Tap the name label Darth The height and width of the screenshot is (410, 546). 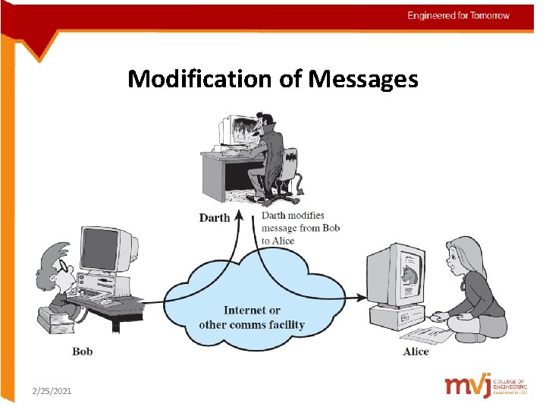click(x=214, y=218)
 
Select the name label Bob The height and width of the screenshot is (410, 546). click(x=82, y=352)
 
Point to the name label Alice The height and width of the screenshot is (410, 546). click(x=416, y=352)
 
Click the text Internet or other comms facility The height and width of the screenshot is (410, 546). click(x=252, y=317)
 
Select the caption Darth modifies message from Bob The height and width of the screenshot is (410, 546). click(x=300, y=228)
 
